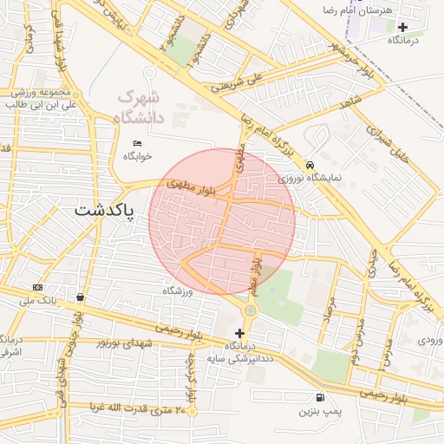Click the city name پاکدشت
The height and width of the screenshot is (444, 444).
103,210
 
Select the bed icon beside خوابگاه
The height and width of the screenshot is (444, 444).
137,143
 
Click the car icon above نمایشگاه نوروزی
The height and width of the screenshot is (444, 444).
310,164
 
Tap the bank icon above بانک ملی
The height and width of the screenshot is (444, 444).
37,287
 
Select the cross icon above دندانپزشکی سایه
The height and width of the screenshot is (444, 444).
240,333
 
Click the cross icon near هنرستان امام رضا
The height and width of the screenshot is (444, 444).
402,27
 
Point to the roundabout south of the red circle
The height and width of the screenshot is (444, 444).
251,310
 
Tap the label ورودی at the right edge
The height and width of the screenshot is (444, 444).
430,340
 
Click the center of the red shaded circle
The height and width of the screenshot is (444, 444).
221,222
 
